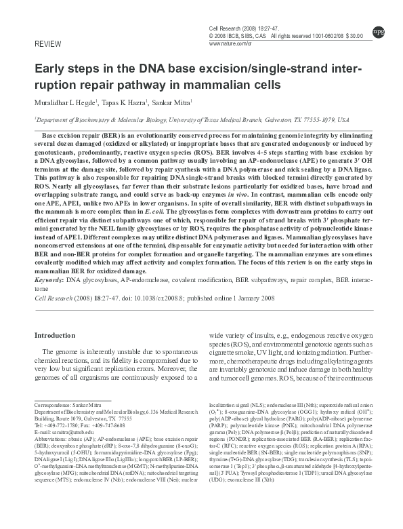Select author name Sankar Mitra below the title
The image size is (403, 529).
(x=173, y=103)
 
